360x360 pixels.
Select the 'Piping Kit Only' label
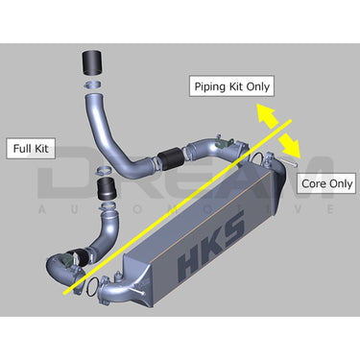point(231,85)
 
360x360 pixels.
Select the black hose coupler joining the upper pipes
point(171,155)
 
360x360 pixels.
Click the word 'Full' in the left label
point(24,149)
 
